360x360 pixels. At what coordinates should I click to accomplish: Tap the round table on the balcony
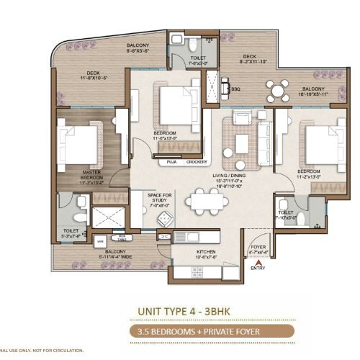[277, 91]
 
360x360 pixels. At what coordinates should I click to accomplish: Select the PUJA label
[171, 162]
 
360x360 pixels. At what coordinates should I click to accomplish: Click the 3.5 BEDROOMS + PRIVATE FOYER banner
[179, 332]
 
